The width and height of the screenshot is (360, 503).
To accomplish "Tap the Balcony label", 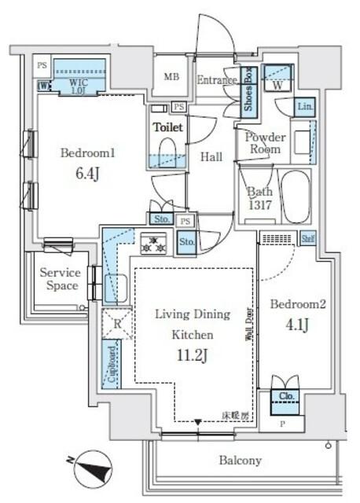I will coord(241,461).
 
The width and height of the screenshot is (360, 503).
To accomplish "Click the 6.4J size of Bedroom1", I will coord(88,171).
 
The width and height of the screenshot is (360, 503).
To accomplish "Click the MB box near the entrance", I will coord(171,76).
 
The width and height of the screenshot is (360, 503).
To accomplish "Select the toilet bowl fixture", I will coord(167,149).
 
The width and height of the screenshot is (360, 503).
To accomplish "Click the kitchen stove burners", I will coord(154,244).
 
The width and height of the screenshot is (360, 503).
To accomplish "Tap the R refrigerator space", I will coord(116,321).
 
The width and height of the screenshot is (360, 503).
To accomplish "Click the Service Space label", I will coord(61,279).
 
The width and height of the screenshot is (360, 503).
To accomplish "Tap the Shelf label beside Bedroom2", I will coord(309,238).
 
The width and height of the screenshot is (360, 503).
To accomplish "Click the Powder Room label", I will coord(265,142).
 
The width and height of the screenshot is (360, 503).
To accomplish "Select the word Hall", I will coord(210,156).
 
